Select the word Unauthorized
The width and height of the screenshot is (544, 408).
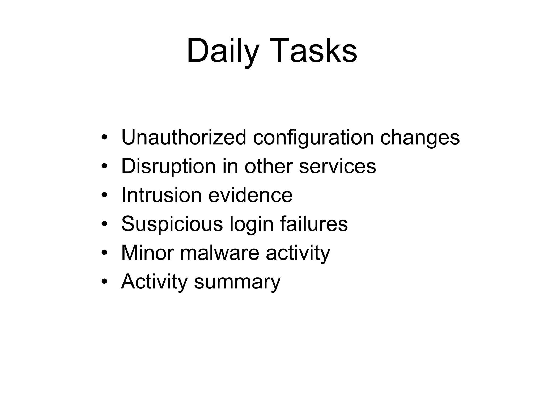pyautogui.click(x=184, y=137)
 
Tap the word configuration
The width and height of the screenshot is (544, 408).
pyautogui.click(x=313, y=137)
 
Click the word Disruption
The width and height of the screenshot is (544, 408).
pyautogui.click(x=168, y=166)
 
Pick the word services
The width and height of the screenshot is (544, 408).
pyautogui.click(x=337, y=166)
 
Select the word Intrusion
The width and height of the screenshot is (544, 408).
pyautogui.click(x=161, y=195)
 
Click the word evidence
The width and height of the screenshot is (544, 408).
pyautogui.click(x=250, y=195)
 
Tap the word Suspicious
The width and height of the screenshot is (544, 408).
pyautogui.click(x=172, y=224)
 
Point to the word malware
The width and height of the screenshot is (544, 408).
pyautogui.click(x=219, y=253)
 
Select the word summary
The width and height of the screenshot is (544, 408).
pyautogui.click(x=237, y=282)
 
